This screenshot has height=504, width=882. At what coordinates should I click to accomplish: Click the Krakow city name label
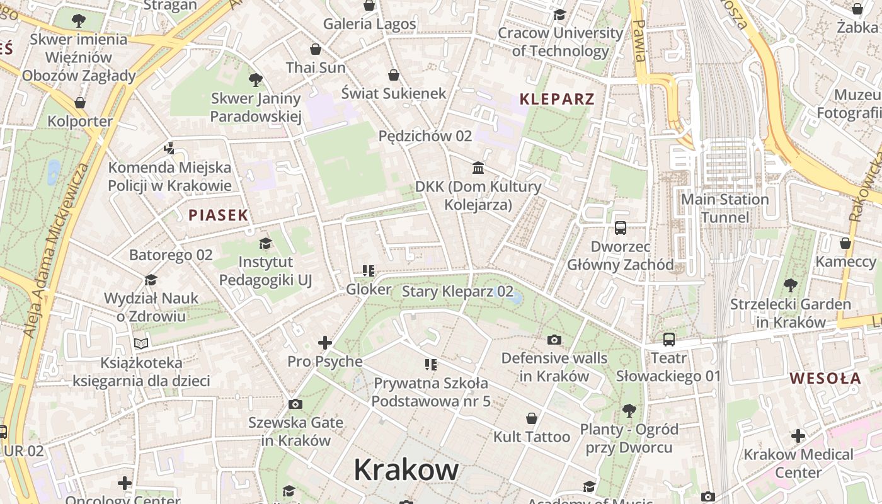(406, 470)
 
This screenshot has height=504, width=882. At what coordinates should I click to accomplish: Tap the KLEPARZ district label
(557, 99)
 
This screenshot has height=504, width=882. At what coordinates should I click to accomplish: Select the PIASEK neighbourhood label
(219, 215)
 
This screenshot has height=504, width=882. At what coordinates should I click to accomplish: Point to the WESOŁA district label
(825, 379)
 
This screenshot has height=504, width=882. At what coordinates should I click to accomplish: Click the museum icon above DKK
(478, 168)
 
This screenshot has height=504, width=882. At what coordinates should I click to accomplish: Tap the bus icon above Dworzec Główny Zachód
(621, 227)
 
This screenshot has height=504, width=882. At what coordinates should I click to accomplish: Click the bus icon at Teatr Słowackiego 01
(669, 340)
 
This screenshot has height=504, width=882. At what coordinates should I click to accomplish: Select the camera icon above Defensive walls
(554, 340)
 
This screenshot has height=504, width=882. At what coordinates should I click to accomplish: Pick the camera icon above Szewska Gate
(295, 404)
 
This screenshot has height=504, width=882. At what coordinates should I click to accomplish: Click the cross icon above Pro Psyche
(325, 343)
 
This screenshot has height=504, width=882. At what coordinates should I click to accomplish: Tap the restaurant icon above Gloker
(369, 271)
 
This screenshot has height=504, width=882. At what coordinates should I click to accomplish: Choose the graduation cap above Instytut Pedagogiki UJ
(265, 243)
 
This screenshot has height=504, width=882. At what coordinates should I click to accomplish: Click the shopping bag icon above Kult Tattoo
(532, 418)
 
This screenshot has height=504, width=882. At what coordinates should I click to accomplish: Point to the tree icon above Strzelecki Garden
(790, 285)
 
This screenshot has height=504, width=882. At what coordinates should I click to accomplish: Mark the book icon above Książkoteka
(141, 343)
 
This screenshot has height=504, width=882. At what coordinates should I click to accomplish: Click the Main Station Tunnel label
(725, 209)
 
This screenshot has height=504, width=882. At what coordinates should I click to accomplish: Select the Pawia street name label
(639, 40)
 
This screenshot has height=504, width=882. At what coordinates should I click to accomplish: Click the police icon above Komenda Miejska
(168, 149)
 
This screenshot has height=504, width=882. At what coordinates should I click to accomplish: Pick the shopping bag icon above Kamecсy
(845, 243)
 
